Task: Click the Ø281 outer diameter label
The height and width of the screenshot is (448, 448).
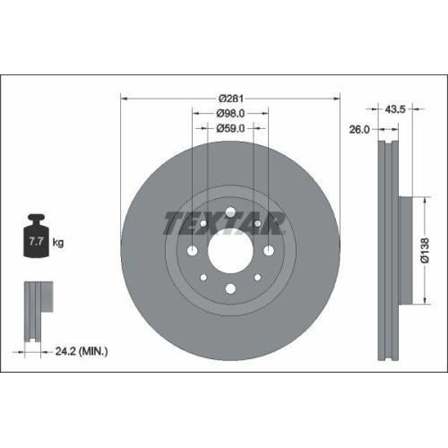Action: pyautogui.click(x=231, y=98)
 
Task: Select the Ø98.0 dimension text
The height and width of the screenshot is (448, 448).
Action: pyautogui.click(x=231, y=113)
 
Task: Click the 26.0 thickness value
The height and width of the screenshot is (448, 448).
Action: pyautogui.click(x=358, y=129)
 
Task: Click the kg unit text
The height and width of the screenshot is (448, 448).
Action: pyautogui.click(x=58, y=243)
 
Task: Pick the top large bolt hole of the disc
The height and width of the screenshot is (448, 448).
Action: pyautogui.click(x=230, y=213)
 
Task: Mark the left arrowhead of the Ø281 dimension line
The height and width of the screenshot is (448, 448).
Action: pyautogui.click(x=124, y=98)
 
